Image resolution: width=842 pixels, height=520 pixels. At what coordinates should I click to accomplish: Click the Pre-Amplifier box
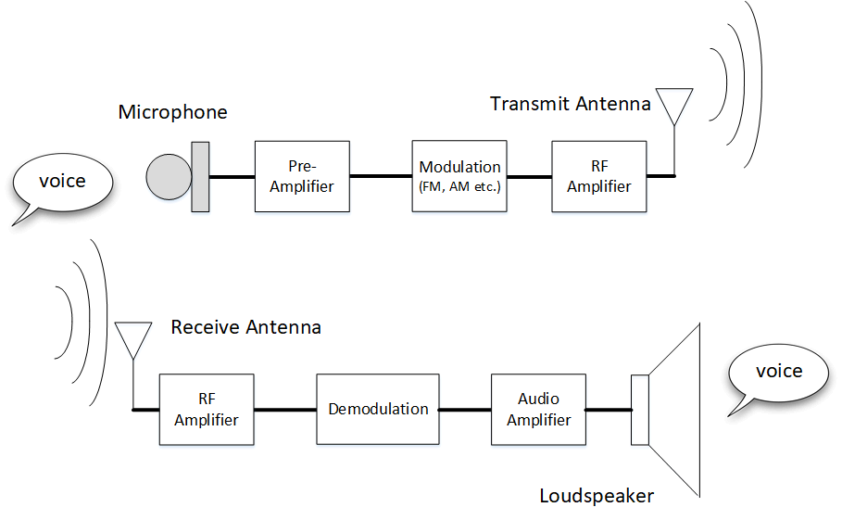pyautogui.click(x=302, y=176)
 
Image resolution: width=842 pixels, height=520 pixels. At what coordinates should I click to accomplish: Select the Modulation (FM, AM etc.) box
pyautogui.click(x=459, y=176)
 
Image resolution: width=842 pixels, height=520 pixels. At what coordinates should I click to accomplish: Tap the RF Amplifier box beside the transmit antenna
pyautogui.click(x=598, y=176)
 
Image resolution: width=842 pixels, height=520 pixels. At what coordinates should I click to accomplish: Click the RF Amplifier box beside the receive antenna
pyautogui.click(x=206, y=409)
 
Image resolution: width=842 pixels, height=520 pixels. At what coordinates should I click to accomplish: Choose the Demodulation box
pyautogui.click(x=377, y=409)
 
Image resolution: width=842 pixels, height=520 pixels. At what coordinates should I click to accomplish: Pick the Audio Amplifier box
pyautogui.click(x=538, y=409)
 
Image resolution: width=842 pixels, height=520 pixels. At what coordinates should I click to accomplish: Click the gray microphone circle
pyautogui.click(x=169, y=176)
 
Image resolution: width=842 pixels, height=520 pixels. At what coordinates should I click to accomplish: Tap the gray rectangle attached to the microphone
pyautogui.click(x=200, y=176)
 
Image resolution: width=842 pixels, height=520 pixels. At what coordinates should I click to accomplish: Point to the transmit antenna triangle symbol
pyautogui.click(x=673, y=103)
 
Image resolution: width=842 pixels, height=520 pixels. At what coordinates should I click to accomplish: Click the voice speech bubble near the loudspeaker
pyautogui.click(x=777, y=373)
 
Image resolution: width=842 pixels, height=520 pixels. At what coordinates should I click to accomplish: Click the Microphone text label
pyautogui.click(x=172, y=112)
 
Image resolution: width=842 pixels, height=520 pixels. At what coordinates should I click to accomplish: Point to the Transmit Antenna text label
pyautogui.click(x=570, y=103)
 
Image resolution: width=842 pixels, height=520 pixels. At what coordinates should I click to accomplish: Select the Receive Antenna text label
pyautogui.click(x=245, y=327)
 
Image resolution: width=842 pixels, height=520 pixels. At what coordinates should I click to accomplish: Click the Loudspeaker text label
pyautogui.click(x=597, y=496)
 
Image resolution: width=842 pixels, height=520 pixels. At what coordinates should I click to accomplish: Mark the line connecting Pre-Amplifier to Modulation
pyautogui.click(x=381, y=176)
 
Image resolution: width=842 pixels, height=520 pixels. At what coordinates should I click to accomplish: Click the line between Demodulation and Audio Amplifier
pyautogui.click(x=465, y=409)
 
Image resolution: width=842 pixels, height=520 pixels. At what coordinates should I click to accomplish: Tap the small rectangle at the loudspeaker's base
pyautogui.click(x=639, y=409)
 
